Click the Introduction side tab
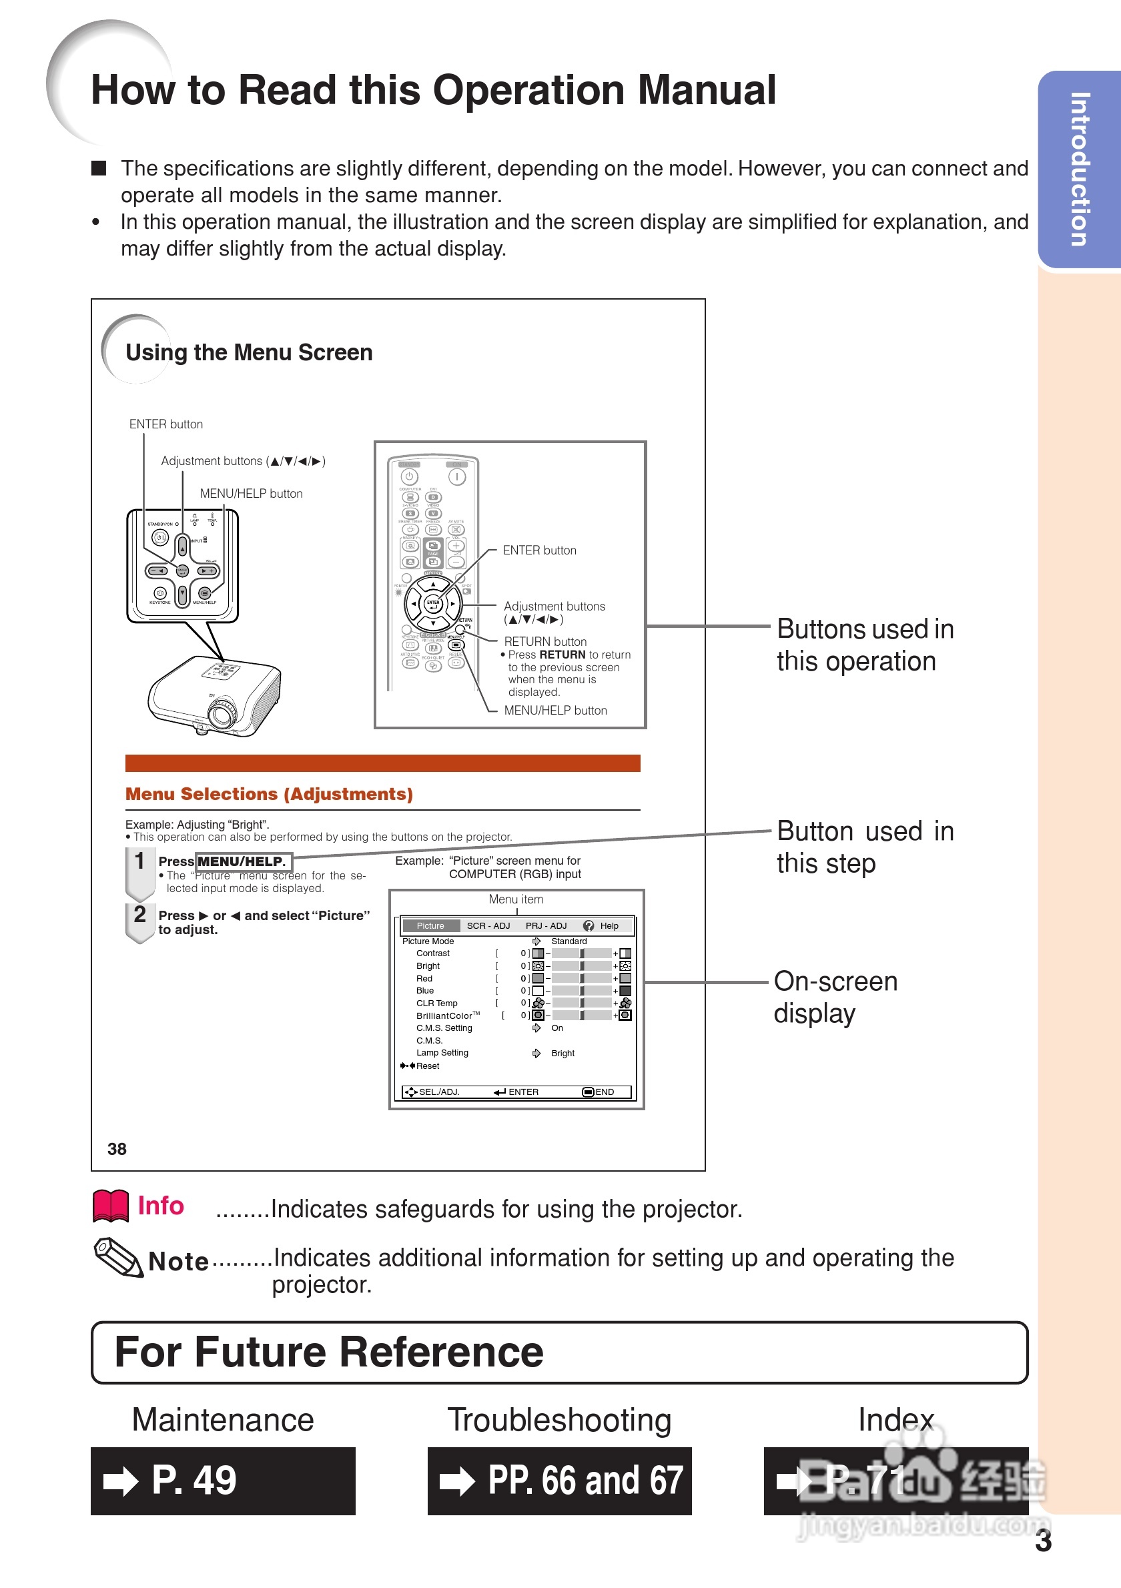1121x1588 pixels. coord(1080,169)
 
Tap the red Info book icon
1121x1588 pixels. coord(111,1206)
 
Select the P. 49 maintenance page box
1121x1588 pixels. coord(223,1481)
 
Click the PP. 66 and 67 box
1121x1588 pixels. coord(559,1481)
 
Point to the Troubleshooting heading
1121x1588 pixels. coord(559,1420)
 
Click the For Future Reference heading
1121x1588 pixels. coord(329,1353)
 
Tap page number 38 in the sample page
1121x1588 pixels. coord(117,1149)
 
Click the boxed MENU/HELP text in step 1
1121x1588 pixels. coord(243,862)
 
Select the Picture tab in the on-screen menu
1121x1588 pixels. coord(430,925)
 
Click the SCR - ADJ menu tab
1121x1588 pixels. coord(488,925)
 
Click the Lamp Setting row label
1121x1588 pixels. coord(442,1053)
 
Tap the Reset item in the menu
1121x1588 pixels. coord(426,1066)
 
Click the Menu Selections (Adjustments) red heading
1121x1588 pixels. coord(269,794)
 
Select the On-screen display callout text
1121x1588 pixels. coord(835,997)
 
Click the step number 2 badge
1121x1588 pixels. coord(139,914)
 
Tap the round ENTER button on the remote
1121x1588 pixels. coord(433,604)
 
